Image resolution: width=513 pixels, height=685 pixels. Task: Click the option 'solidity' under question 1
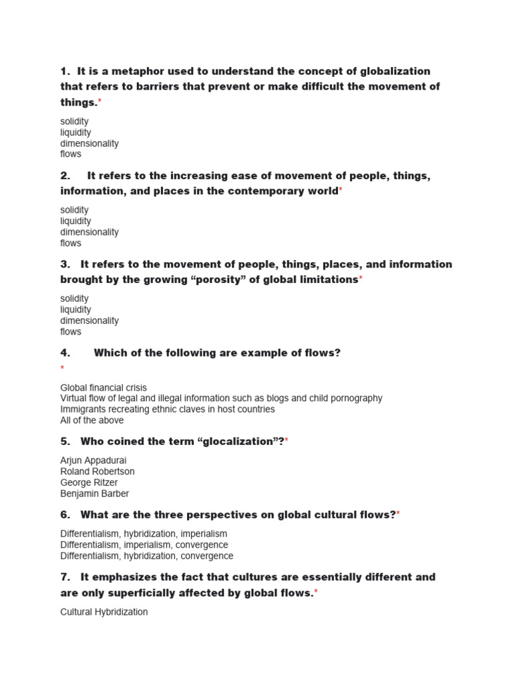[x=74, y=122]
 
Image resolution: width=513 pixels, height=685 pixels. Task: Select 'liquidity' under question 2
[x=75, y=221]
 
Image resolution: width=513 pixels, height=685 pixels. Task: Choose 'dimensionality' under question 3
[x=90, y=320]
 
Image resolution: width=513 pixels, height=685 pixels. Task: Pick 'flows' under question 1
[x=71, y=154]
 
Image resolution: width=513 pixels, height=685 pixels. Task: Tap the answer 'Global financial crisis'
[x=104, y=387]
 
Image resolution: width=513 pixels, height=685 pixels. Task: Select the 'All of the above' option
[x=92, y=420]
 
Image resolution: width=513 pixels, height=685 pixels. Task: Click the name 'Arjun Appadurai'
[x=94, y=461]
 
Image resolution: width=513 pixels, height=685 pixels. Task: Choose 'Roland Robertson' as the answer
[x=98, y=472]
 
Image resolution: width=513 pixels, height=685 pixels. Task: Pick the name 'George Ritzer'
[x=89, y=482]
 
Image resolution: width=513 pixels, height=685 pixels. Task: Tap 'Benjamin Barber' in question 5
[x=95, y=494]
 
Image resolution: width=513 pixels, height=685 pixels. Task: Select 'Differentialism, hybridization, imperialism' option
[x=144, y=534]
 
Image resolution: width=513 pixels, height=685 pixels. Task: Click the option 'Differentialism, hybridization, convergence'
[x=147, y=556]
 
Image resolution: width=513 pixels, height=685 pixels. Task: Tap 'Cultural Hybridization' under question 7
[x=104, y=612]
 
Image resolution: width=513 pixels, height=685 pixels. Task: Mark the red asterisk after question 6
[x=399, y=514]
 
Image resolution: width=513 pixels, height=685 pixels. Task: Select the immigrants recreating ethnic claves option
[x=168, y=409]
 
